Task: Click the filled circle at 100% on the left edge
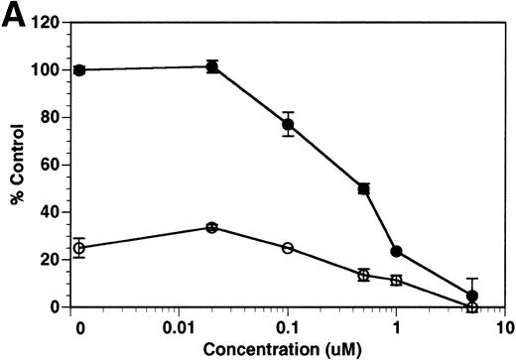(79, 69)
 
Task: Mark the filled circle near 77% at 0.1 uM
(288, 124)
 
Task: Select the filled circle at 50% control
(364, 188)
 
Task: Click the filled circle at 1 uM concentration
(397, 252)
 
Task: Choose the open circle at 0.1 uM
(288, 248)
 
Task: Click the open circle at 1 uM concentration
(397, 281)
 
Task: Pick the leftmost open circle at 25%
(79, 248)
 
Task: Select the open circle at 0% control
(472, 306)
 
